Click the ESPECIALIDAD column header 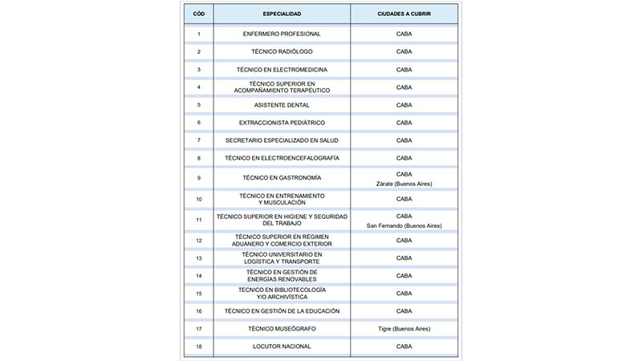(x=282, y=14)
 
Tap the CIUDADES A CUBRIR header (x=404, y=14)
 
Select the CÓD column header (x=198, y=14)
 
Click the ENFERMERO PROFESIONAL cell (x=282, y=34)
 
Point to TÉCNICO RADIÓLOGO (x=282, y=51)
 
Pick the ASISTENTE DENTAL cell (x=282, y=105)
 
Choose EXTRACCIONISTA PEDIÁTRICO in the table (x=282, y=123)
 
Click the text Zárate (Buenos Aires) (x=404, y=184)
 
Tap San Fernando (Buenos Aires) (x=404, y=225)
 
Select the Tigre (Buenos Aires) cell (x=404, y=329)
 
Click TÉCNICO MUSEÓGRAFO (x=282, y=329)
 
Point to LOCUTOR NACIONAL (x=282, y=347)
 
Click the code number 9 (x=198, y=178)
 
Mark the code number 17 (x=198, y=329)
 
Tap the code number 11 (x=198, y=220)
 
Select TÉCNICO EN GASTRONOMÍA (x=282, y=178)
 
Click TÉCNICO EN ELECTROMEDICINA (x=282, y=70)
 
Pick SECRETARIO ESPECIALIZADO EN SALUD (x=282, y=140)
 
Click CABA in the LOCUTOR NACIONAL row (x=404, y=347)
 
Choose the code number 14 (x=198, y=275)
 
